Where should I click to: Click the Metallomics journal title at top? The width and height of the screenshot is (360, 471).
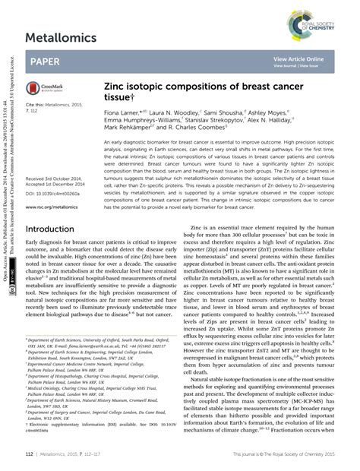coord(61,37)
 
